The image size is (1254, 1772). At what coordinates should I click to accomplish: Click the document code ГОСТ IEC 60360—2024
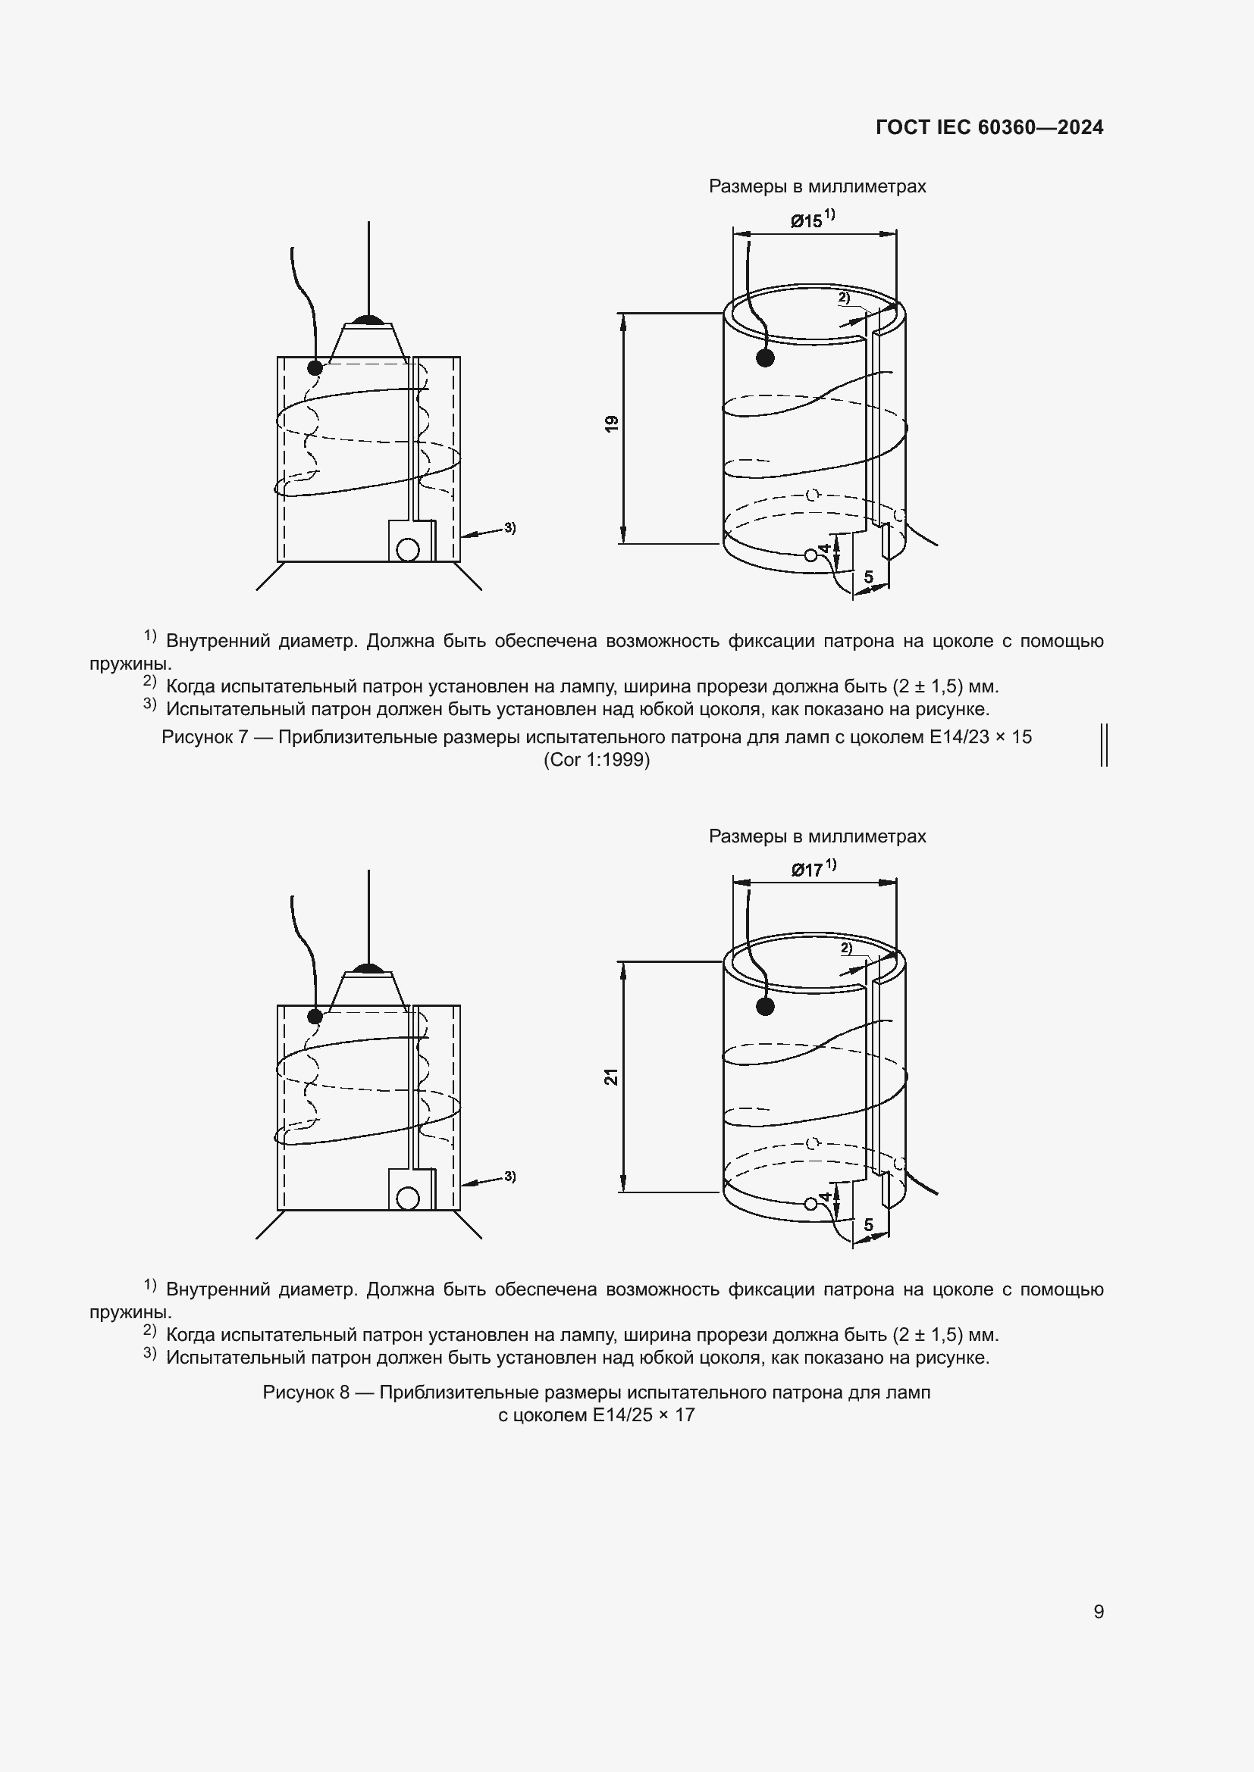point(989,127)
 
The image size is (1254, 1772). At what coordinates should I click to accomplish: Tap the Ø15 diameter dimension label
point(806,221)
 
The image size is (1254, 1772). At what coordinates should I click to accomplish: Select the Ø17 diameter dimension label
point(807,870)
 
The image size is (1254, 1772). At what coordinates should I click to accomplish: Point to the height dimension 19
point(612,423)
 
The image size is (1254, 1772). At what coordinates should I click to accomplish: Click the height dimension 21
point(612,1077)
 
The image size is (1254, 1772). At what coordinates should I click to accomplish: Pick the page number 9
point(1098,1611)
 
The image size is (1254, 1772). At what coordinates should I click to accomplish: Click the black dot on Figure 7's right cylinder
point(765,358)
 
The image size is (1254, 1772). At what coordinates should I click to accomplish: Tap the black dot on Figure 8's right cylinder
point(765,1006)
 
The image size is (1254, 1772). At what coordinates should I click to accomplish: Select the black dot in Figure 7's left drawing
point(315,367)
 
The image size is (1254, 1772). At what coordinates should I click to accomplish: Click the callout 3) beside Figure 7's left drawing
point(509,528)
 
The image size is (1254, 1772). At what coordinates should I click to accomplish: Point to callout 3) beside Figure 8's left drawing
point(509,1177)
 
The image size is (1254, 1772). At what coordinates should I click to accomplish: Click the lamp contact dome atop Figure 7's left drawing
point(368,320)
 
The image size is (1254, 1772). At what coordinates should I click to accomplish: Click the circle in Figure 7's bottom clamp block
point(407,549)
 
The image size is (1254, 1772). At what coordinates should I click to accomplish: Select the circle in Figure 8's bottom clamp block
point(407,1199)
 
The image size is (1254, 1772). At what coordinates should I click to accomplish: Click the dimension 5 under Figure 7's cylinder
point(869,577)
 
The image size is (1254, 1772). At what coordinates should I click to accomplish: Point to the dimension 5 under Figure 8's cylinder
point(869,1225)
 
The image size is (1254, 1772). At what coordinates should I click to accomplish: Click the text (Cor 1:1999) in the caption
point(596,760)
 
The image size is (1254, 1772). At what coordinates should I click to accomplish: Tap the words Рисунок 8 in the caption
point(306,1392)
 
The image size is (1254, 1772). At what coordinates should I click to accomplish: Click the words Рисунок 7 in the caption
point(205,737)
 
